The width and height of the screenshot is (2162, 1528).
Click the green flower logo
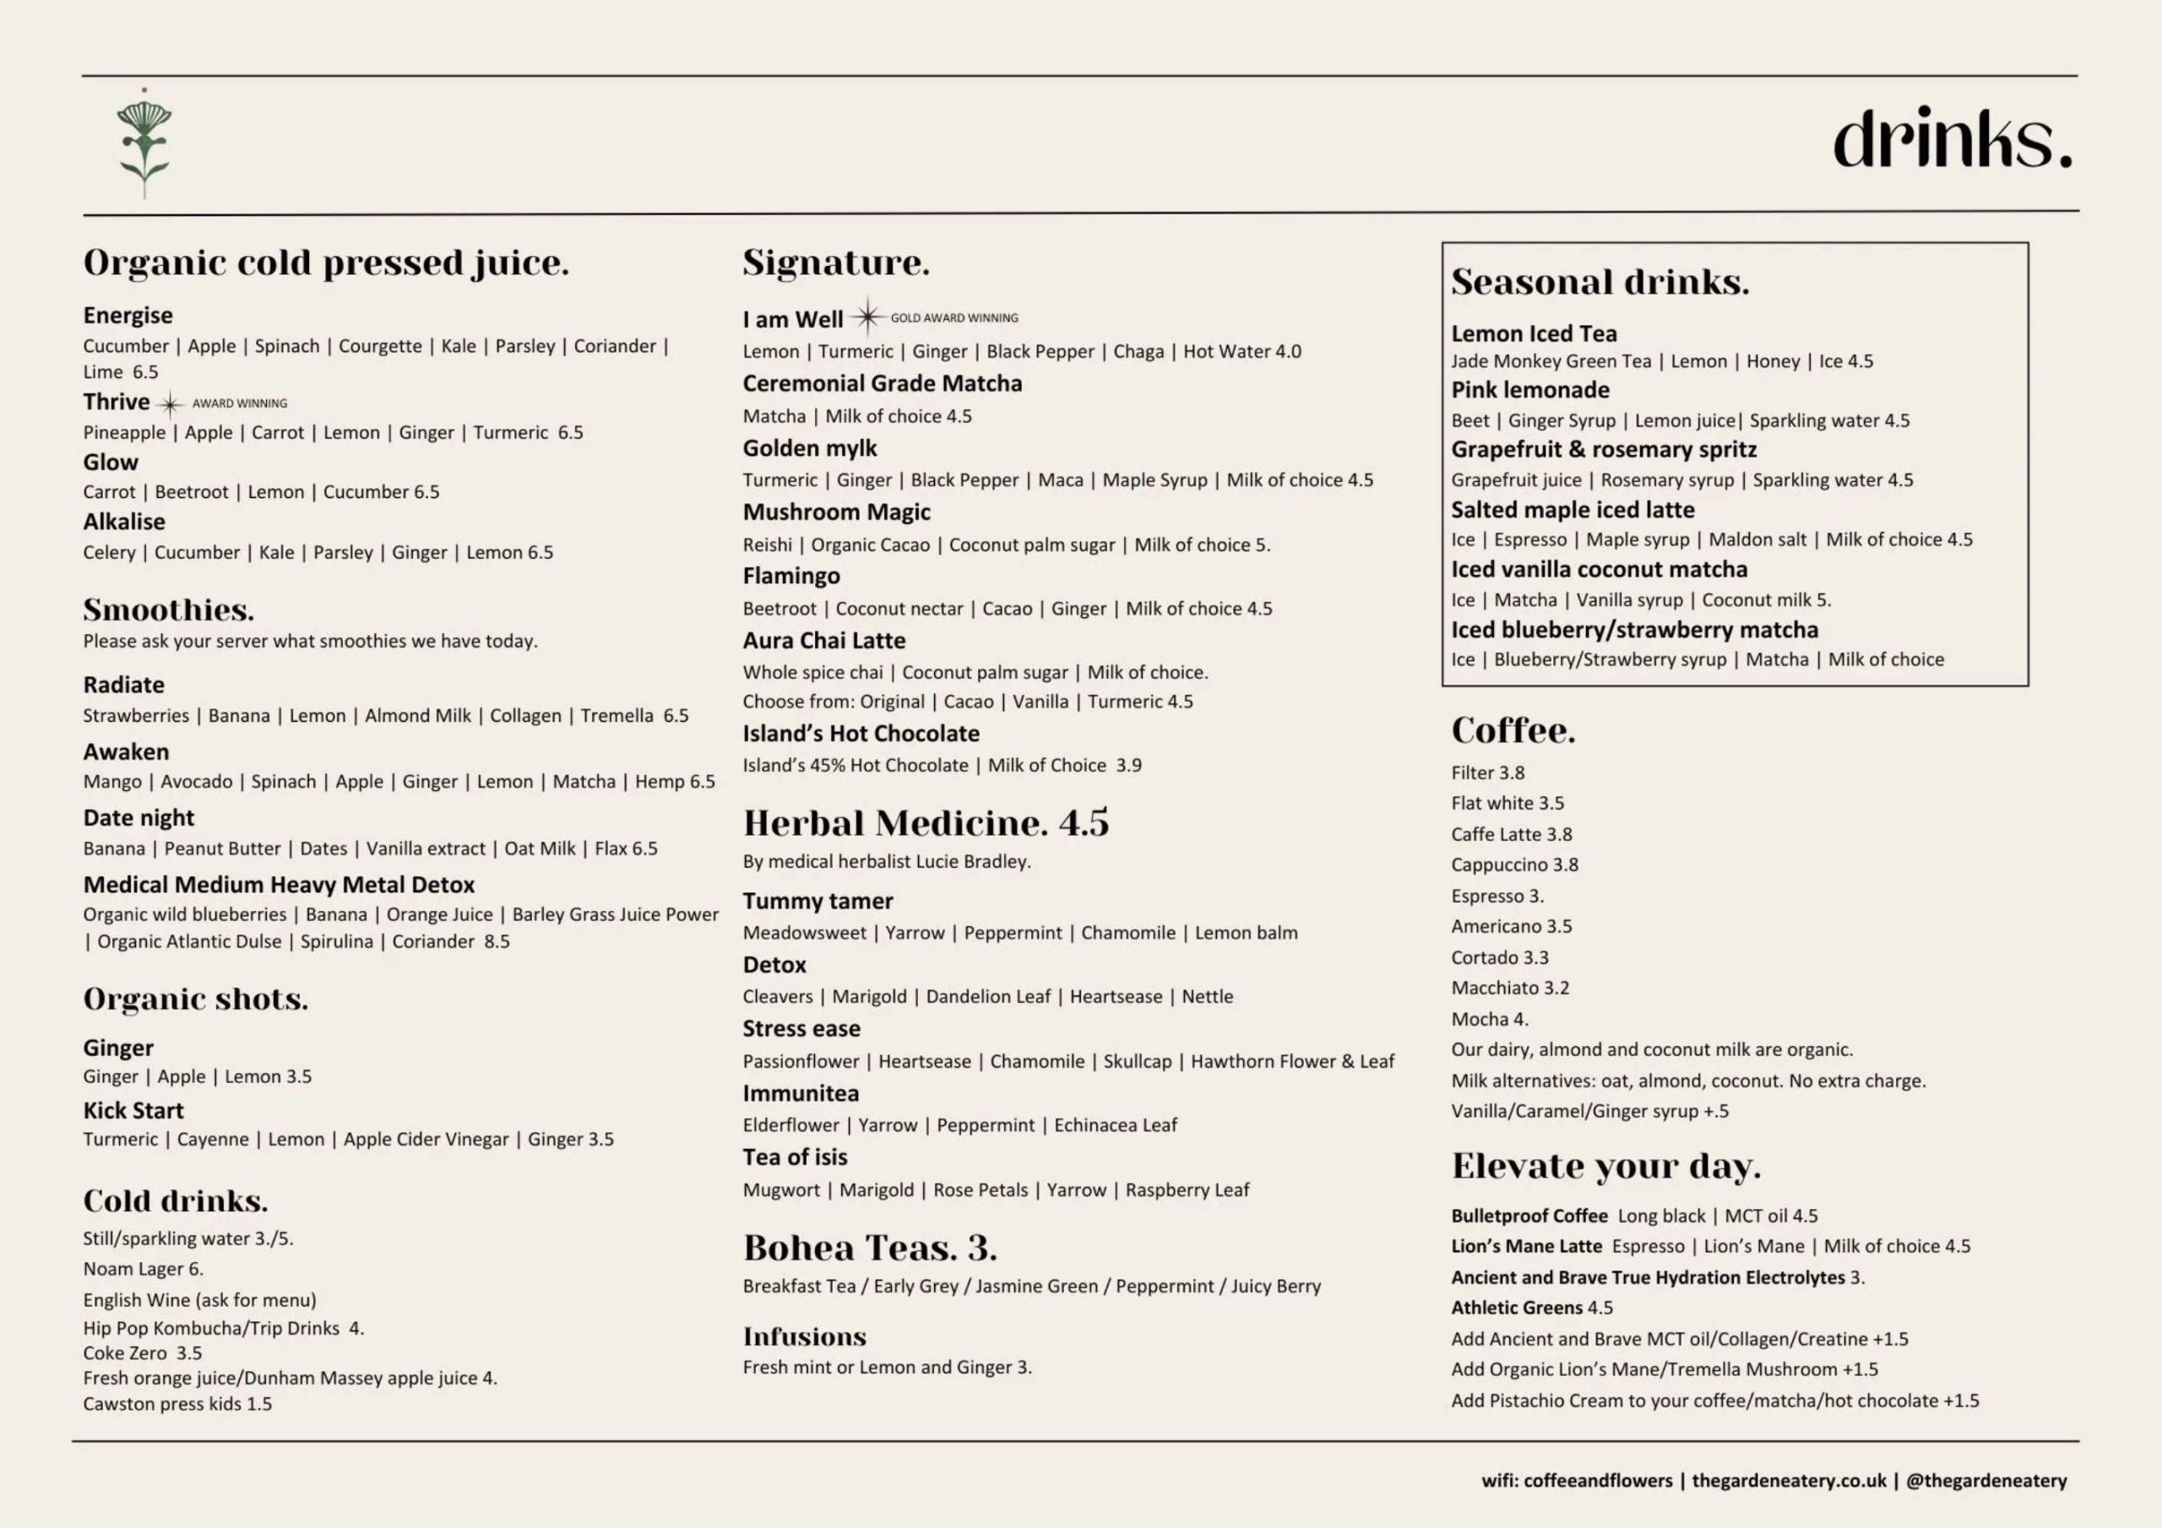144,144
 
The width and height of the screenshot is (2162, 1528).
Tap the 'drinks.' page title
1951,139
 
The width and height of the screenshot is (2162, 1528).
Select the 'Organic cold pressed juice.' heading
326,263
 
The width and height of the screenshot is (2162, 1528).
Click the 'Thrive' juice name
116,402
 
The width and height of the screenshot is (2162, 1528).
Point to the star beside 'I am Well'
867,317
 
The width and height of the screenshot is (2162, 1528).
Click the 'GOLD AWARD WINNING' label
953,318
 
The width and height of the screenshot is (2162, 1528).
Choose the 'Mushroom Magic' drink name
836,512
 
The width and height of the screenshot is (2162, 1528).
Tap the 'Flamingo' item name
791,577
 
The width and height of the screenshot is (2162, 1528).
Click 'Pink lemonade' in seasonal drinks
1530,391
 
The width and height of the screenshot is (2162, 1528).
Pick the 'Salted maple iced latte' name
1573,510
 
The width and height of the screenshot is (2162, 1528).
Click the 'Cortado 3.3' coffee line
1499,957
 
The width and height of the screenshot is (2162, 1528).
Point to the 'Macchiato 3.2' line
1510,989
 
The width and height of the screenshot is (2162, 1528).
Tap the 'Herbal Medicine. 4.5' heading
926,824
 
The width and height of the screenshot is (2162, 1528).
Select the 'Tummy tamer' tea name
818,901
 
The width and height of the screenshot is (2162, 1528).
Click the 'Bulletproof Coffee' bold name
1529,1216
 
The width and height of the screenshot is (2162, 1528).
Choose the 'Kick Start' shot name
133,1111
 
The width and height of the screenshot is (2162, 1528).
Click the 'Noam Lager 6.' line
143,1269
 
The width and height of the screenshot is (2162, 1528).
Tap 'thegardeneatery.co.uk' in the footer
1789,1481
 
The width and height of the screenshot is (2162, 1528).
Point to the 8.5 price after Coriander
497,941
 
